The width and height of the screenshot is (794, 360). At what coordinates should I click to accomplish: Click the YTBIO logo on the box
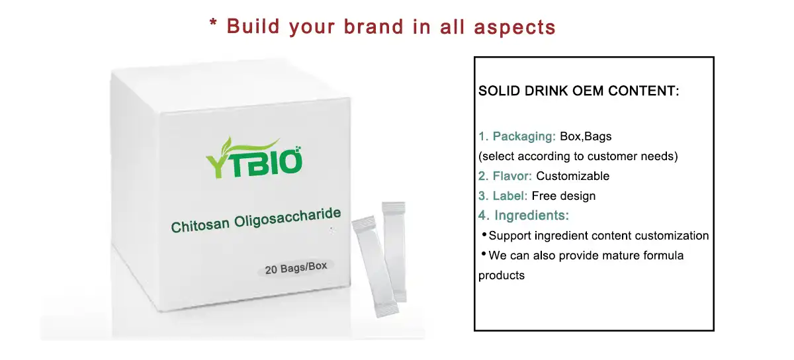254,156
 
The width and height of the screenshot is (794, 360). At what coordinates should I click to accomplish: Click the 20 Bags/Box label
295,269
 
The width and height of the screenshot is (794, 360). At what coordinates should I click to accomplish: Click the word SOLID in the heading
500,91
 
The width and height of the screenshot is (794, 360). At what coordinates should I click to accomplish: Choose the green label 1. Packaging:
517,137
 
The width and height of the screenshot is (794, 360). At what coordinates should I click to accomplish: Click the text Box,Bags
586,137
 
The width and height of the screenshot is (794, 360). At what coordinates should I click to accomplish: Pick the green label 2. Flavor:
505,177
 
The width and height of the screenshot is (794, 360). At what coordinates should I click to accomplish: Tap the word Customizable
572,177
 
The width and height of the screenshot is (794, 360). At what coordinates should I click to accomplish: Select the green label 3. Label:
502,196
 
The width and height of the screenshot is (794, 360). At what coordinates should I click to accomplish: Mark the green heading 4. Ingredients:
523,216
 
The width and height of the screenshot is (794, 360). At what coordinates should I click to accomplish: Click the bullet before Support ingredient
484,235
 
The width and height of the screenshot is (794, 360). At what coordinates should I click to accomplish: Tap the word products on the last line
501,275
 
